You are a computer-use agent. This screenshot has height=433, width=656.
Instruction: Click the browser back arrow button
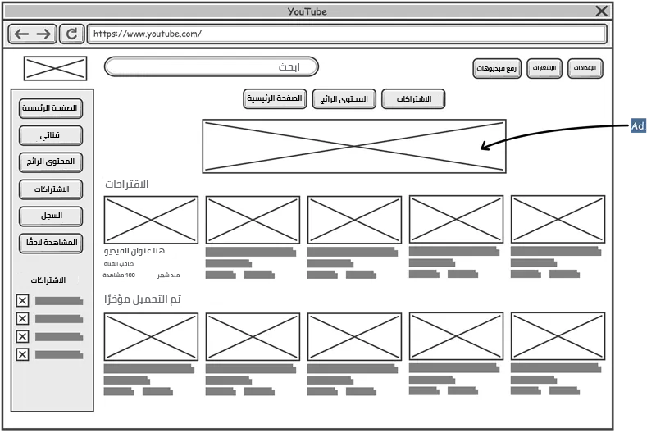point(22,34)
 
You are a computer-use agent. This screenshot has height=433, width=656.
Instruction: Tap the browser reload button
point(71,34)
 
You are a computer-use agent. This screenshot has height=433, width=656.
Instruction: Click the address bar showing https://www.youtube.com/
point(346,34)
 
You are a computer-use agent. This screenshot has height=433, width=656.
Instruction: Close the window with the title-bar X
point(602,11)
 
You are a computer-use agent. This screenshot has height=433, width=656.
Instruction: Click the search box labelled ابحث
point(211,66)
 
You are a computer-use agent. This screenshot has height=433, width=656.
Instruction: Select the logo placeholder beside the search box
point(55,68)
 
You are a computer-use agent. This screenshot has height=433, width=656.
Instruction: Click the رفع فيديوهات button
point(497,69)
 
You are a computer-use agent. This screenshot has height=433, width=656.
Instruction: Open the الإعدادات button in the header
point(585,68)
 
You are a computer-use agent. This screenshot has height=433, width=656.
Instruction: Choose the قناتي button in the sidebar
point(51,135)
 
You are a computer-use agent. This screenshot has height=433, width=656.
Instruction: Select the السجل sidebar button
point(51,216)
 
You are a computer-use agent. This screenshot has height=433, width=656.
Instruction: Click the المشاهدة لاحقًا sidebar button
point(51,243)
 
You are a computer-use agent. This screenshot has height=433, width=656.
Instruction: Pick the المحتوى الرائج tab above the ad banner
point(344,99)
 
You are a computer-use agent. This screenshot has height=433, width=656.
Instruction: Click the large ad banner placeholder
point(353,146)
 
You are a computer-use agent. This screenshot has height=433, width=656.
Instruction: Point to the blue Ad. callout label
point(639,126)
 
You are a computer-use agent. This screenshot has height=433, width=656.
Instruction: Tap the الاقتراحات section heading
point(128,185)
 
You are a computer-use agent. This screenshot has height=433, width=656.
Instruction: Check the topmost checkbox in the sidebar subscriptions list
point(23,301)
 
